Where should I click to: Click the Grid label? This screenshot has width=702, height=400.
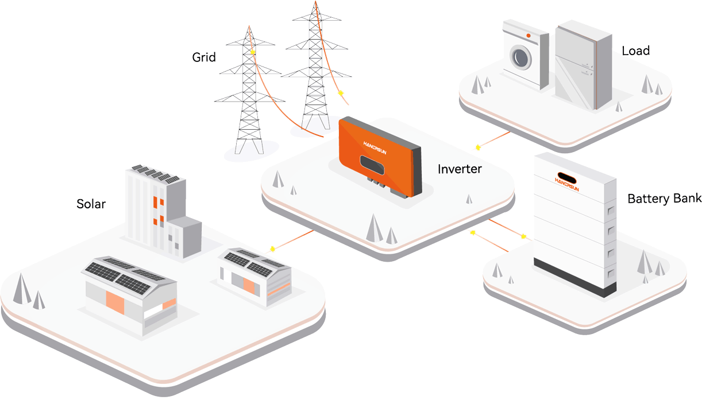pyautogui.click(x=204, y=57)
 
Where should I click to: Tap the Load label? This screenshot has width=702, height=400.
pyautogui.click(x=635, y=51)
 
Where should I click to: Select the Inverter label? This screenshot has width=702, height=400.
pyautogui.click(x=460, y=169)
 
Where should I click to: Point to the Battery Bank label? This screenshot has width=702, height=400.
pyautogui.click(x=664, y=199)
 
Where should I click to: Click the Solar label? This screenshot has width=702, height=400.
pyautogui.click(x=91, y=204)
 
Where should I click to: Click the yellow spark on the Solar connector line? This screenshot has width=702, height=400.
pyautogui.click(x=272, y=248)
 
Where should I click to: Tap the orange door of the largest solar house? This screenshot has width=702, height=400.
pyautogui.click(x=115, y=302)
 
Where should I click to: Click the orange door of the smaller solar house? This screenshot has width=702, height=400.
pyautogui.click(x=249, y=285)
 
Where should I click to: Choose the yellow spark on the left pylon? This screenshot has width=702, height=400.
pyautogui.click(x=253, y=53)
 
